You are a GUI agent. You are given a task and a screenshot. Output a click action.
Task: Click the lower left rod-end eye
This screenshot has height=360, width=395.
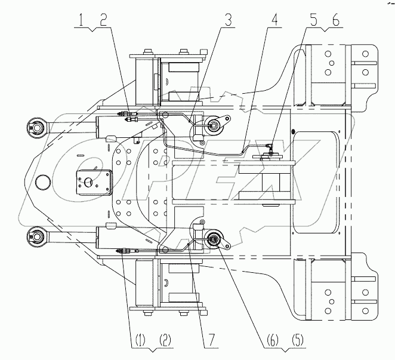pyautogui.click(x=35, y=236)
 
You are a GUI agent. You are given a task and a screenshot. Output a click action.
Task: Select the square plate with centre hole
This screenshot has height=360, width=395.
pyautogui.click(x=91, y=181)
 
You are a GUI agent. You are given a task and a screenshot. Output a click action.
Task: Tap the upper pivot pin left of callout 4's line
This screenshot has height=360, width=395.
pyautogui.click(x=212, y=125)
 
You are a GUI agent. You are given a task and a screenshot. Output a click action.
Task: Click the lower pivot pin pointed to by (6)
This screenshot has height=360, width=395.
pyautogui.click(x=213, y=241)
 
